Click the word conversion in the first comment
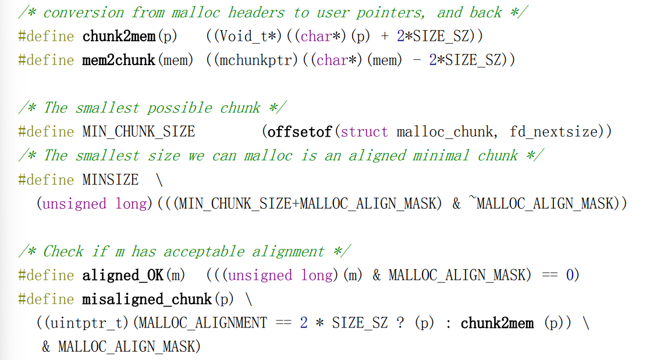tap(82, 12)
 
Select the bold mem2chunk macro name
tap(119, 60)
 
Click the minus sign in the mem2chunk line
tap(417, 60)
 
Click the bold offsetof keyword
tap(299, 131)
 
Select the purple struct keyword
tap(364, 131)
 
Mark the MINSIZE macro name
tap(111, 180)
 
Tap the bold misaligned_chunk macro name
tap(147, 299)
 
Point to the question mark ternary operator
tap(400, 323)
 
